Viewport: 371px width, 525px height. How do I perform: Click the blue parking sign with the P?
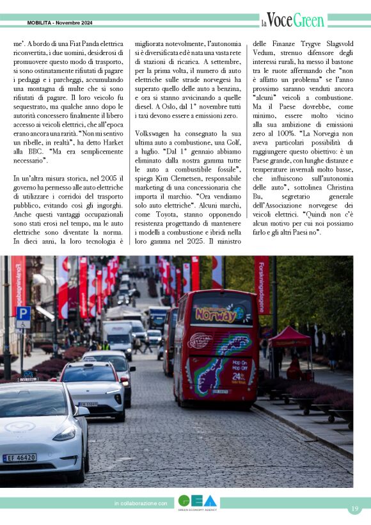tap(23, 314)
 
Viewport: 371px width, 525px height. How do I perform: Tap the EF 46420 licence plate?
tap(20, 458)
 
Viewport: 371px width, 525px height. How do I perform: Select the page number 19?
tap(354, 508)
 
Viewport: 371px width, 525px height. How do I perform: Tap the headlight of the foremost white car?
tap(64, 433)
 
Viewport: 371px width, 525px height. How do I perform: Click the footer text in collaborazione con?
tap(141, 504)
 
